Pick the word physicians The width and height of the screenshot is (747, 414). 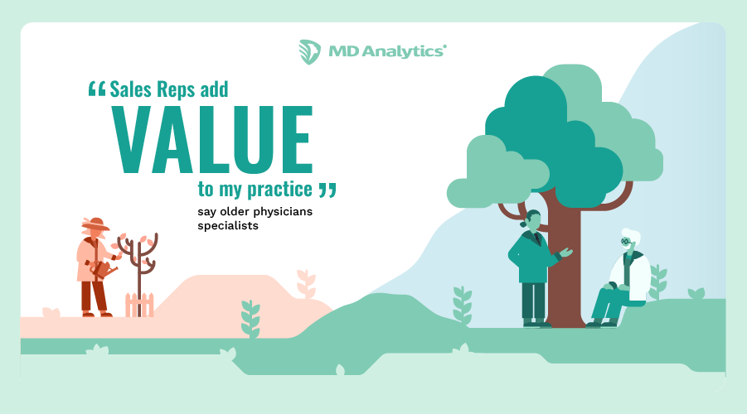click(279, 212)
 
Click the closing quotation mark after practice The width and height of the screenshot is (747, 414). click(327, 190)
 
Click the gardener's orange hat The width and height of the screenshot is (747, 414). click(95, 224)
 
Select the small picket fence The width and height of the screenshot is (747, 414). click(139, 304)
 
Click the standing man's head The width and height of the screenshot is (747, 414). click(532, 221)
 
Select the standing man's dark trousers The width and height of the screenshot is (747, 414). click(531, 301)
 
